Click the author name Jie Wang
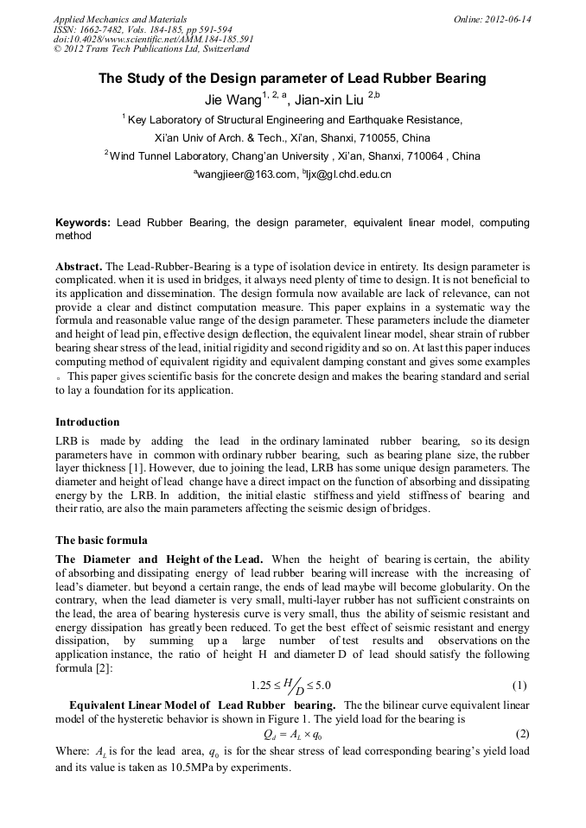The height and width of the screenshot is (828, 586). pos(232,100)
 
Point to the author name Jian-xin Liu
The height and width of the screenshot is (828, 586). pos(331,100)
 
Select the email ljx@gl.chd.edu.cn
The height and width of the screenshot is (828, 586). pos(349,174)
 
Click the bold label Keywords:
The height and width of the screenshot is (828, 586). pos(84,223)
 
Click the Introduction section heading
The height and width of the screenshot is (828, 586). pos(87,422)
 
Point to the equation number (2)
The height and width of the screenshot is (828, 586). pos(521,734)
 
